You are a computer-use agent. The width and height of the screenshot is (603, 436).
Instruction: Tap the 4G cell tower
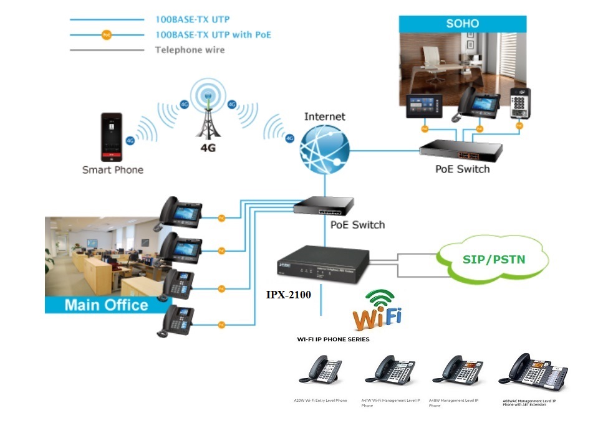click(208, 115)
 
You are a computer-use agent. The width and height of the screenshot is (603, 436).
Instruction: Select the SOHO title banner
click(462, 24)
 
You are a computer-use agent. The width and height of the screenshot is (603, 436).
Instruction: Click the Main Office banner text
click(107, 305)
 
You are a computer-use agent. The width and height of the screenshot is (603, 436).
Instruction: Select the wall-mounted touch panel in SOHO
click(424, 107)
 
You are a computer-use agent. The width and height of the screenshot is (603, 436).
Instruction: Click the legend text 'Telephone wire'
click(190, 50)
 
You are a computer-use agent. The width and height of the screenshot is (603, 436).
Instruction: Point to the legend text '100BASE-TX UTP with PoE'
click(213, 35)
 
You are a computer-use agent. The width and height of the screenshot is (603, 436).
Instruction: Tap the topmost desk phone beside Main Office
click(180, 212)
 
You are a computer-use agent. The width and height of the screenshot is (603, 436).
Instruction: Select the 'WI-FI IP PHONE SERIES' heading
click(332, 339)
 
